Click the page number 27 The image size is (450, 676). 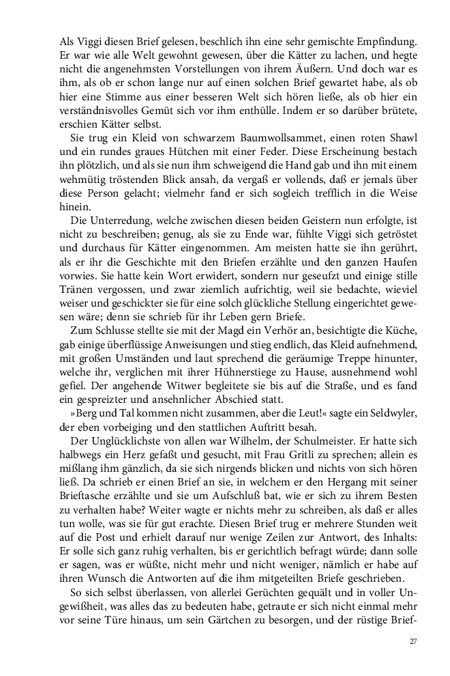pos(413,641)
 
